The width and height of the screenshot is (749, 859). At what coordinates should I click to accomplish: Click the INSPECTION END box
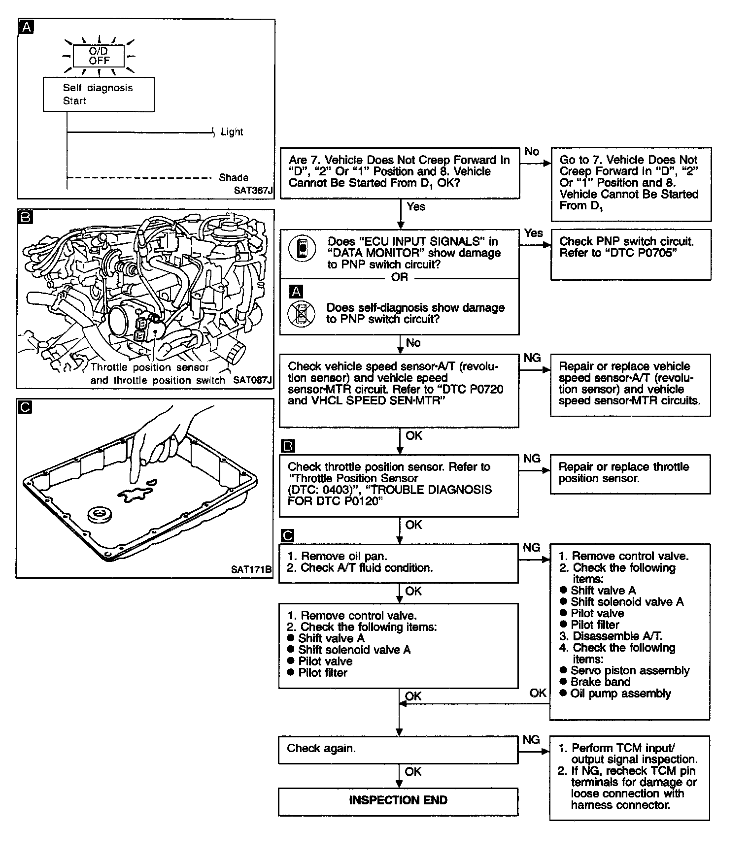(398, 800)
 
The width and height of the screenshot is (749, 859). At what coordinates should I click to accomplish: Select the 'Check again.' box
(398, 749)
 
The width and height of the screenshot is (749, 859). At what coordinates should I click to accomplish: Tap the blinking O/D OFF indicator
(99, 56)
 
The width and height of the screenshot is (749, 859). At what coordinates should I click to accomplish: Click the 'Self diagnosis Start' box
(99, 94)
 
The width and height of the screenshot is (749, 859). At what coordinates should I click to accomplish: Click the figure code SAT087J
(252, 380)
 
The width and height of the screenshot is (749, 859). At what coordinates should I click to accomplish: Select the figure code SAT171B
(251, 569)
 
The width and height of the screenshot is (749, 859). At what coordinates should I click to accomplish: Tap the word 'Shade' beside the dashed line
(234, 177)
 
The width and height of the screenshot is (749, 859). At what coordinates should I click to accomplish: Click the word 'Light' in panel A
(232, 132)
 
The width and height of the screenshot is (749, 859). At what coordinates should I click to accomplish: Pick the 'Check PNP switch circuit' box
(631, 255)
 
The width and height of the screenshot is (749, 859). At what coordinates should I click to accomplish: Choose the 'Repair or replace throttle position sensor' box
(630, 473)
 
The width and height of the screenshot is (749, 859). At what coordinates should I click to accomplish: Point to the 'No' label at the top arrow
(532, 152)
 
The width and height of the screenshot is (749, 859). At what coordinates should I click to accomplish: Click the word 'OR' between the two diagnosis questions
(400, 277)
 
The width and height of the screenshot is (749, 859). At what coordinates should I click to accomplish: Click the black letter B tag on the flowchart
(288, 446)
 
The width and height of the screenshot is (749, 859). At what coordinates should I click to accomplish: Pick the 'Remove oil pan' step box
(398, 563)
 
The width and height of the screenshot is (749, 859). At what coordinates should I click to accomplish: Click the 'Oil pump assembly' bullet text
(620, 694)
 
